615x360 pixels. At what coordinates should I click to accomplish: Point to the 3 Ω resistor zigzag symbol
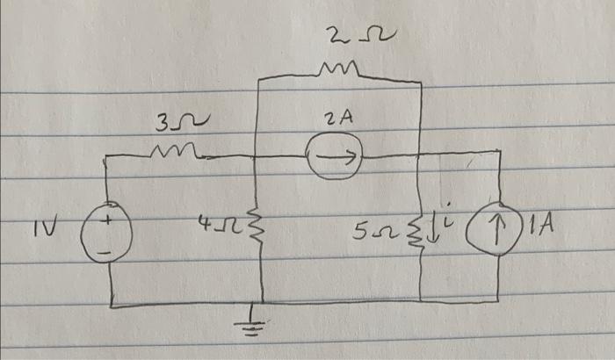click(x=174, y=153)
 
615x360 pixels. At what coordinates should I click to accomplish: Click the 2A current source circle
click(x=335, y=159)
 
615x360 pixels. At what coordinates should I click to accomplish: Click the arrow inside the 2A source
click(x=338, y=159)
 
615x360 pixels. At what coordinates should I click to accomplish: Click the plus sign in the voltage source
click(x=105, y=222)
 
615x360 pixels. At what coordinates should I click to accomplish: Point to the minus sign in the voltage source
click(x=105, y=252)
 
